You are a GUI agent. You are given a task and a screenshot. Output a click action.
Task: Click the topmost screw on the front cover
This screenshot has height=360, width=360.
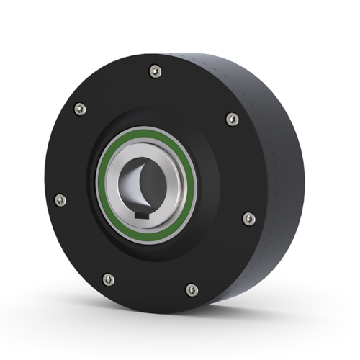(155, 71)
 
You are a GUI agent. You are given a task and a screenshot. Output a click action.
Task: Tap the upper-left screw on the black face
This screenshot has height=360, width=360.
(79, 109)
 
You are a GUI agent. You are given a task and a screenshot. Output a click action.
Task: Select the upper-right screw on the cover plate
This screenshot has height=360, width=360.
(231, 118)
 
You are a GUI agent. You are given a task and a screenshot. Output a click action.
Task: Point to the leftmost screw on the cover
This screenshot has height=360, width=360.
(60, 199)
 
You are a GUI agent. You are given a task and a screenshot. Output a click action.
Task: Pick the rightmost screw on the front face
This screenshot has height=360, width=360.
(248, 218)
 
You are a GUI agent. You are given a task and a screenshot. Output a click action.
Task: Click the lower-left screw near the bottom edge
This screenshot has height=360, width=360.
(108, 279)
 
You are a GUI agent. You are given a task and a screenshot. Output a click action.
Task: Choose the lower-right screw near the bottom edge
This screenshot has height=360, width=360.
(191, 289)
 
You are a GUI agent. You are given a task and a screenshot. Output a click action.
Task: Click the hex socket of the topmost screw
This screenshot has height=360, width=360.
(155, 71)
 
